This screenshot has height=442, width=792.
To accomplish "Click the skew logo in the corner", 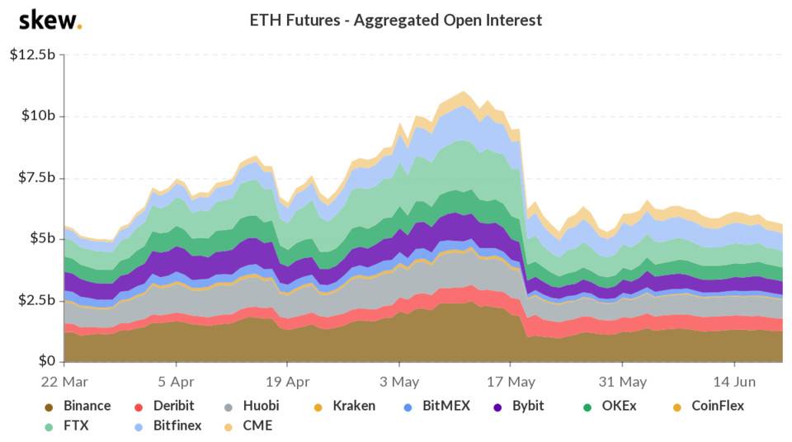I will coord(49,20).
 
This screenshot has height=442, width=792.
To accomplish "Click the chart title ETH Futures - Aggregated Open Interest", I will coord(396,20).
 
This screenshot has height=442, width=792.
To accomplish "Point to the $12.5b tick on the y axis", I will coord(32,55).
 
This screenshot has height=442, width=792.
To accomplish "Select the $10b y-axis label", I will coord(38,116).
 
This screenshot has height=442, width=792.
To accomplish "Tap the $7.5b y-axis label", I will coord(35,178).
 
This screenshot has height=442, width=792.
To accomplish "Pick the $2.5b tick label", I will coord(35,300).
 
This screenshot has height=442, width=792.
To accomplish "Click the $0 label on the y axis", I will coord(45,361).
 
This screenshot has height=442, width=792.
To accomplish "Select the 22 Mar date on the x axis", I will coord(64,382).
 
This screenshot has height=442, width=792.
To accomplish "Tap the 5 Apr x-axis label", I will coord(176,382).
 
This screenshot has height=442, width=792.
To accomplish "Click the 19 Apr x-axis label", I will coord(287,382).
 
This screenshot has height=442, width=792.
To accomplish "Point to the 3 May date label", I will coord(399,382).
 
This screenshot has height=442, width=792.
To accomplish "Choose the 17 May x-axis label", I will coord(511,382).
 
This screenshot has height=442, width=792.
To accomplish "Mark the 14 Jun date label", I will coord(734,382).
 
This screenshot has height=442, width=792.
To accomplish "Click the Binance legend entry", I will coord(78,406).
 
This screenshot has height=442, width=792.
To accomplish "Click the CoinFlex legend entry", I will coord(709,406).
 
